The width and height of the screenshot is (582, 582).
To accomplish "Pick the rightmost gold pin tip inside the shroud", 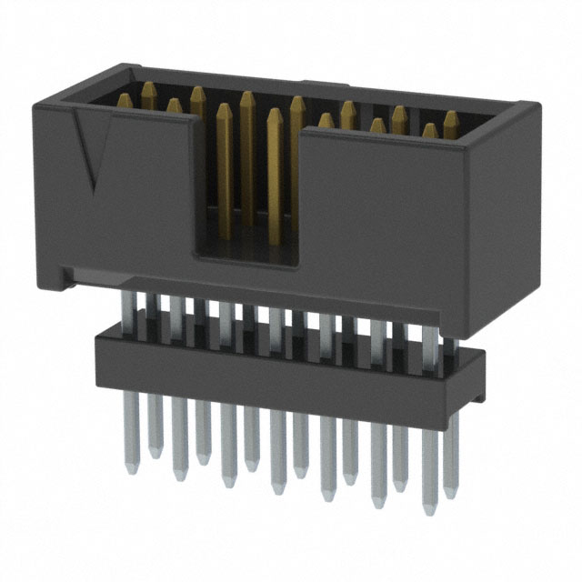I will pyautogui.click(x=450, y=118).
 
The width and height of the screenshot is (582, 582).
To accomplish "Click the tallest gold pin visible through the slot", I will pyautogui.click(x=247, y=155).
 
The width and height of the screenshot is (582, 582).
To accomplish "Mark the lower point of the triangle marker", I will pyautogui.click(x=94, y=190).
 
